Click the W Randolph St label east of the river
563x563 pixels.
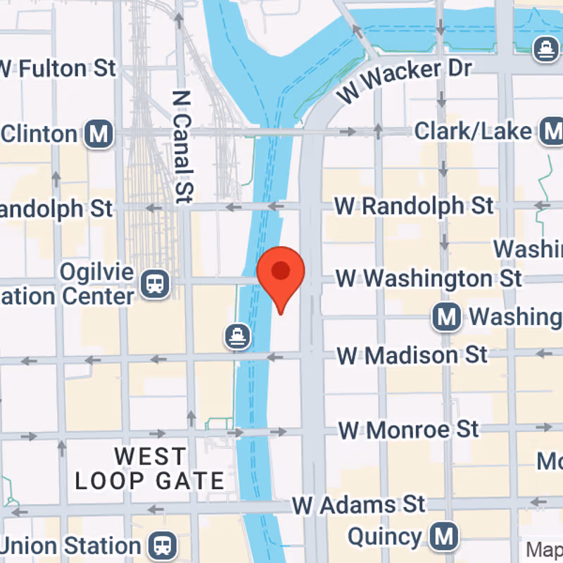pyautogui.click(x=414, y=206)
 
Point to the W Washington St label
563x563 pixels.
pyautogui.click(x=429, y=278)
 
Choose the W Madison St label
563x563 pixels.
pyautogui.click(x=412, y=355)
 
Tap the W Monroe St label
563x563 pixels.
pyautogui.click(x=409, y=429)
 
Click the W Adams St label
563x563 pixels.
pyautogui.click(x=359, y=505)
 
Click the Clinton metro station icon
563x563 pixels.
pyautogui.click(x=99, y=134)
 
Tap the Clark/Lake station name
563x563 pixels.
pyautogui.click(x=473, y=131)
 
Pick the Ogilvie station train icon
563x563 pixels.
pyautogui.click(x=153, y=284)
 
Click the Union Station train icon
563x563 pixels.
pyautogui.click(x=160, y=546)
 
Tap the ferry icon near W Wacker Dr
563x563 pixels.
pyautogui.click(x=545, y=49)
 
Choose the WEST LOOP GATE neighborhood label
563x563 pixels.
pyautogui.click(x=150, y=469)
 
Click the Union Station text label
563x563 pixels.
pyautogui.click(x=70, y=546)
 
